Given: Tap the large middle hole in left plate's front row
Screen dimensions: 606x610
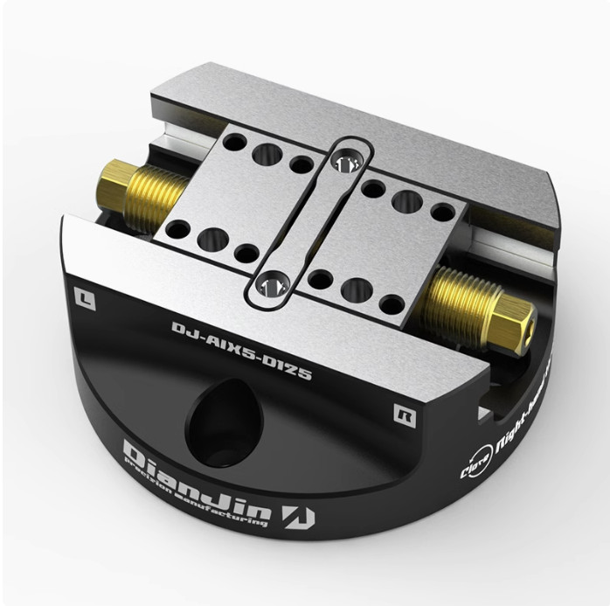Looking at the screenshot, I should point(213,239).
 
